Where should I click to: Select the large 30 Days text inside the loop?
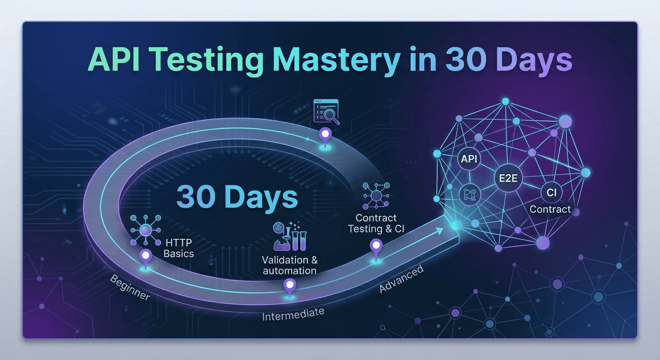[237, 197]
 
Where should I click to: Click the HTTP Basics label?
[180, 248]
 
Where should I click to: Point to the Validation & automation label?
[289, 265]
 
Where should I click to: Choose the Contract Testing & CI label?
[376, 223]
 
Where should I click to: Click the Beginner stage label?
[130, 287]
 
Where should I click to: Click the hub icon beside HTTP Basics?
[145, 230]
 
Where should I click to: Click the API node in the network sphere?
[469, 159]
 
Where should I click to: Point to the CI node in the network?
[550, 192]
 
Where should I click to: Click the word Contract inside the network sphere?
[550, 209]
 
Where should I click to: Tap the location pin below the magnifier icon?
[324, 135]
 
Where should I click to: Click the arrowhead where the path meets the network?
[440, 230]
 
